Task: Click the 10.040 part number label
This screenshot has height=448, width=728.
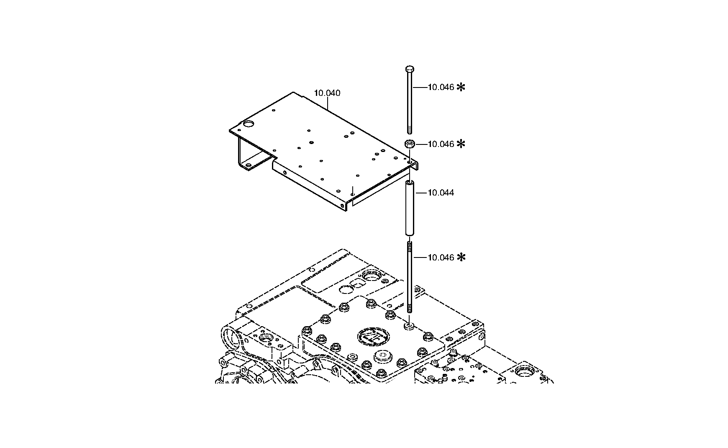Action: [x=327, y=93]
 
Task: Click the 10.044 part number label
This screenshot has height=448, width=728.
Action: [x=441, y=193]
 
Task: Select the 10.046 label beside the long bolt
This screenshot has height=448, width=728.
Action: [x=441, y=87]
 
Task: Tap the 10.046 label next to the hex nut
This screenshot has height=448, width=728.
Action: [x=441, y=144]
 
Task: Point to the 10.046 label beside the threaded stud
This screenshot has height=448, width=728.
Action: [x=441, y=257]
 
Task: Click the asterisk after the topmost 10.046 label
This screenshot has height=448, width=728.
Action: [x=461, y=87]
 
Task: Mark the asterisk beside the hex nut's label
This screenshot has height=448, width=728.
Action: [x=461, y=144]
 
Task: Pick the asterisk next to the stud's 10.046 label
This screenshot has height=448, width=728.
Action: [x=461, y=257]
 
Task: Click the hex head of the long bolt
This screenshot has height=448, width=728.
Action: [x=410, y=69]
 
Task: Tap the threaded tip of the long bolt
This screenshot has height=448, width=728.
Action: [x=410, y=129]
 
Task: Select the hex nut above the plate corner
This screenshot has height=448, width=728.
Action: [x=410, y=144]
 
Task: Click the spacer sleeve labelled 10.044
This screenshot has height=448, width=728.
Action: [x=410, y=208]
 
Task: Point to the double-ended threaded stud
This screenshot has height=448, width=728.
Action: [x=410, y=277]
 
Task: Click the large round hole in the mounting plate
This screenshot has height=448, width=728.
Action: [x=249, y=124]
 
